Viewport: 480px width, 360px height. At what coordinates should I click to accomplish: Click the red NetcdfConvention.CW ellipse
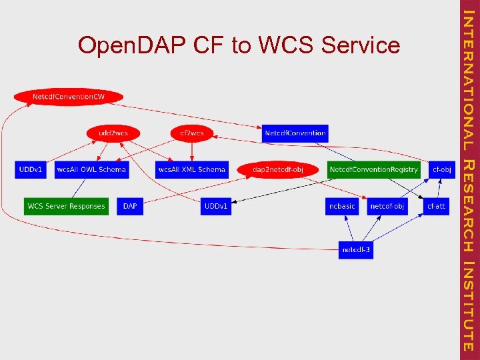[x=69, y=97]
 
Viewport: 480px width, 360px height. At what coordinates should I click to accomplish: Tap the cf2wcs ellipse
[x=192, y=133]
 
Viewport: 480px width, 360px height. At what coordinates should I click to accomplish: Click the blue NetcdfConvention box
[x=295, y=133]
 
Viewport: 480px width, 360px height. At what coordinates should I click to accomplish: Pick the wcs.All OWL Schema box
[x=91, y=169]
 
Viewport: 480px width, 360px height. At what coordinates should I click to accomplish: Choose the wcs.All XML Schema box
[x=191, y=169]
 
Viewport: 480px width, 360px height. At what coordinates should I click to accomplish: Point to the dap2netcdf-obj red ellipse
[x=277, y=170]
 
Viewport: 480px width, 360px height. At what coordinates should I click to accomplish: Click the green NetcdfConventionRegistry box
[x=373, y=169]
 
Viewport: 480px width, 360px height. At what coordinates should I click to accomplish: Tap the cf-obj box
[x=441, y=169]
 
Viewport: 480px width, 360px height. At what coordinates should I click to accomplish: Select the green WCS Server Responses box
[x=66, y=206]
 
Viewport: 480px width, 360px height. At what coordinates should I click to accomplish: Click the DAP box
[x=130, y=206]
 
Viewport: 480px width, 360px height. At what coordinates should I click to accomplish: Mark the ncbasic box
[x=342, y=206]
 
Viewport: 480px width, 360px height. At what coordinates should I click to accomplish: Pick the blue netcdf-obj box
[x=387, y=206]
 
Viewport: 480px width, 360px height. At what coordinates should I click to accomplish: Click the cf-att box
[x=436, y=206]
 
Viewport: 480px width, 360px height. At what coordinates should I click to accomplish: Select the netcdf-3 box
[x=355, y=250]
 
